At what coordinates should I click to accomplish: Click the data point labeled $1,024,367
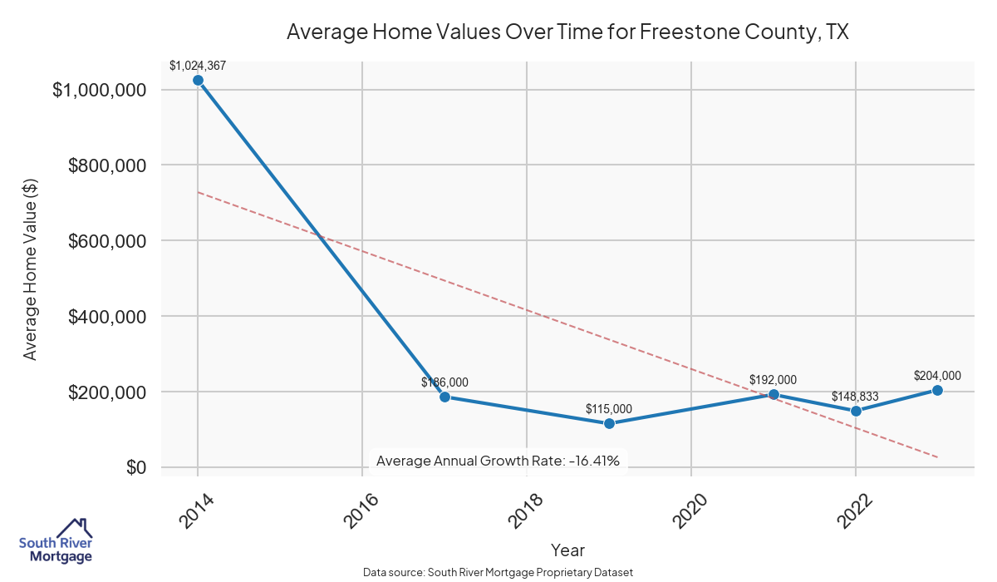click(x=198, y=80)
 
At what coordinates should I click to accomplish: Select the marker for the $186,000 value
click(x=444, y=397)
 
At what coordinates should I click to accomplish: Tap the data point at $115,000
click(x=609, y=423)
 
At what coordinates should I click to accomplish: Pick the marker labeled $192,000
click(x=774, y=394)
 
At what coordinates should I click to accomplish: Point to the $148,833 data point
click(x=856, y=411)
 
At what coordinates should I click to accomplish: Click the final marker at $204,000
click(x=937, y=390)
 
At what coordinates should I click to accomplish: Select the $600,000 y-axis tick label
click(x=107, y=241)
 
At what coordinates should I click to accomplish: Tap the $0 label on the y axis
click(x=137, y=468)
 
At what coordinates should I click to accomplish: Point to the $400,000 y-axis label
click(x=107, y=317)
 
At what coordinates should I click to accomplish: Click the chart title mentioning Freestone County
click(x=567, y=32)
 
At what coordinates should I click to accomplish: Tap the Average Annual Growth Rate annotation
click(x=498, y=460)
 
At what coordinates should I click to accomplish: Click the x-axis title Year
click(x=567, y=550)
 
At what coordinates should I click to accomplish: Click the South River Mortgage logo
click(x=56, y=541)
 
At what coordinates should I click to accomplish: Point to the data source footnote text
click(x=498, y=573)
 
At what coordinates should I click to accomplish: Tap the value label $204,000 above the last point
click(x=937, y=375)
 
